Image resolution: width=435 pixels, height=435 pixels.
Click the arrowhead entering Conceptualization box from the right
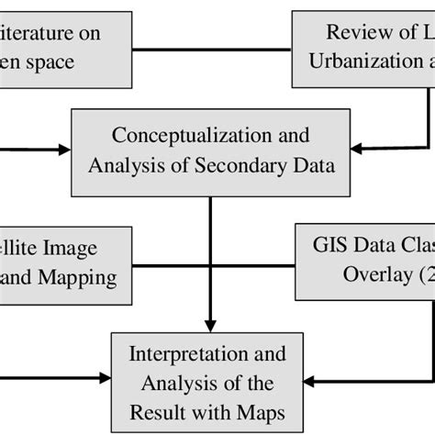[358, 148]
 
